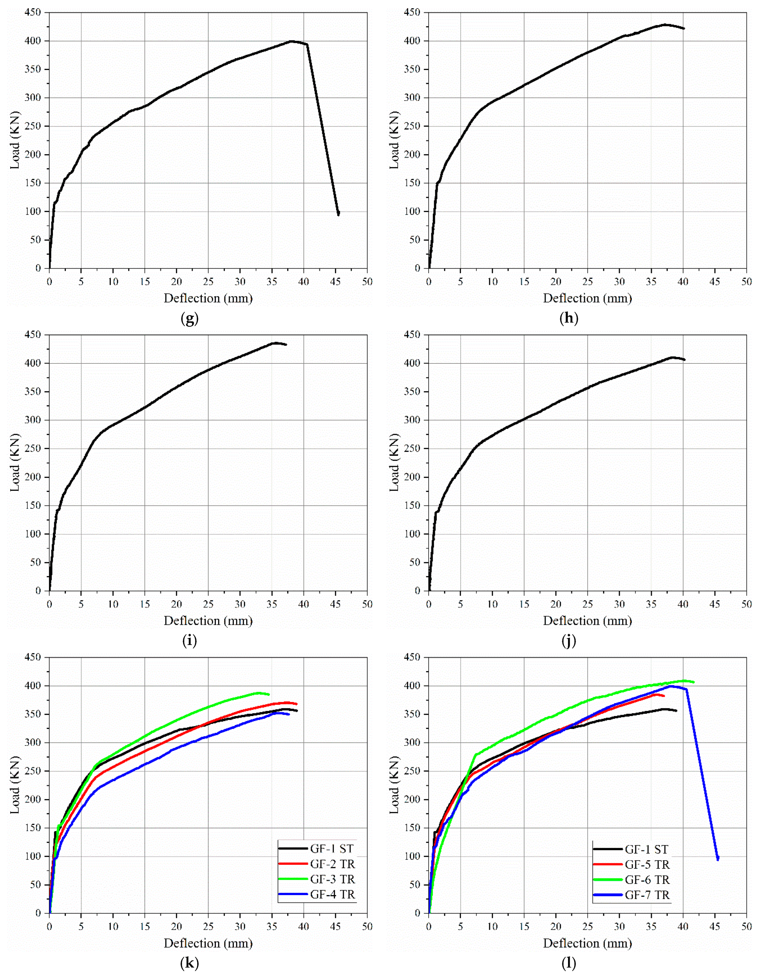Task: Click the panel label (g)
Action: coord(189,319)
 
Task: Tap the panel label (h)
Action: coord(569,319)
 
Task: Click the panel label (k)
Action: coord(189,963)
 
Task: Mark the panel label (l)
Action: coord(569,963)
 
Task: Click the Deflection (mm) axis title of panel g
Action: coord(208,298)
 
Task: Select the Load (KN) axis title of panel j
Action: coord(394,463)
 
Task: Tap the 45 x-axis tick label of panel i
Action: coord(335,604)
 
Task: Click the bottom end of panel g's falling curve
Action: coord(338,214)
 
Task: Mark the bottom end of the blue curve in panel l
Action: coord(718,858)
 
